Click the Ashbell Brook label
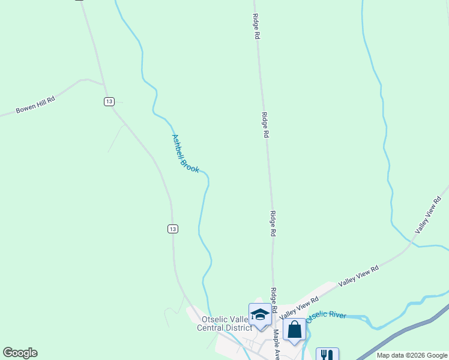[x=185, y=154]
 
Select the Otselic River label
[x=326, y=316]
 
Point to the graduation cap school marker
[x=260, y=314]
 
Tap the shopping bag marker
[x=294, y=329]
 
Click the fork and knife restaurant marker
[x=327, y=355]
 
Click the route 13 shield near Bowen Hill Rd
[x=108, y=101]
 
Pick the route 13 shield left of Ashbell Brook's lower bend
[x=172, y=229]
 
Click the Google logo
[x=20, y=353]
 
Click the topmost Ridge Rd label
[x=256, y=26]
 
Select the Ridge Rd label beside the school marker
[x=274, y=300]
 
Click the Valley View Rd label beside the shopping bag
[x=298, y=307]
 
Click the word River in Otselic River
[x=337, y=314]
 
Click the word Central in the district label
[x=211, y=328]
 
